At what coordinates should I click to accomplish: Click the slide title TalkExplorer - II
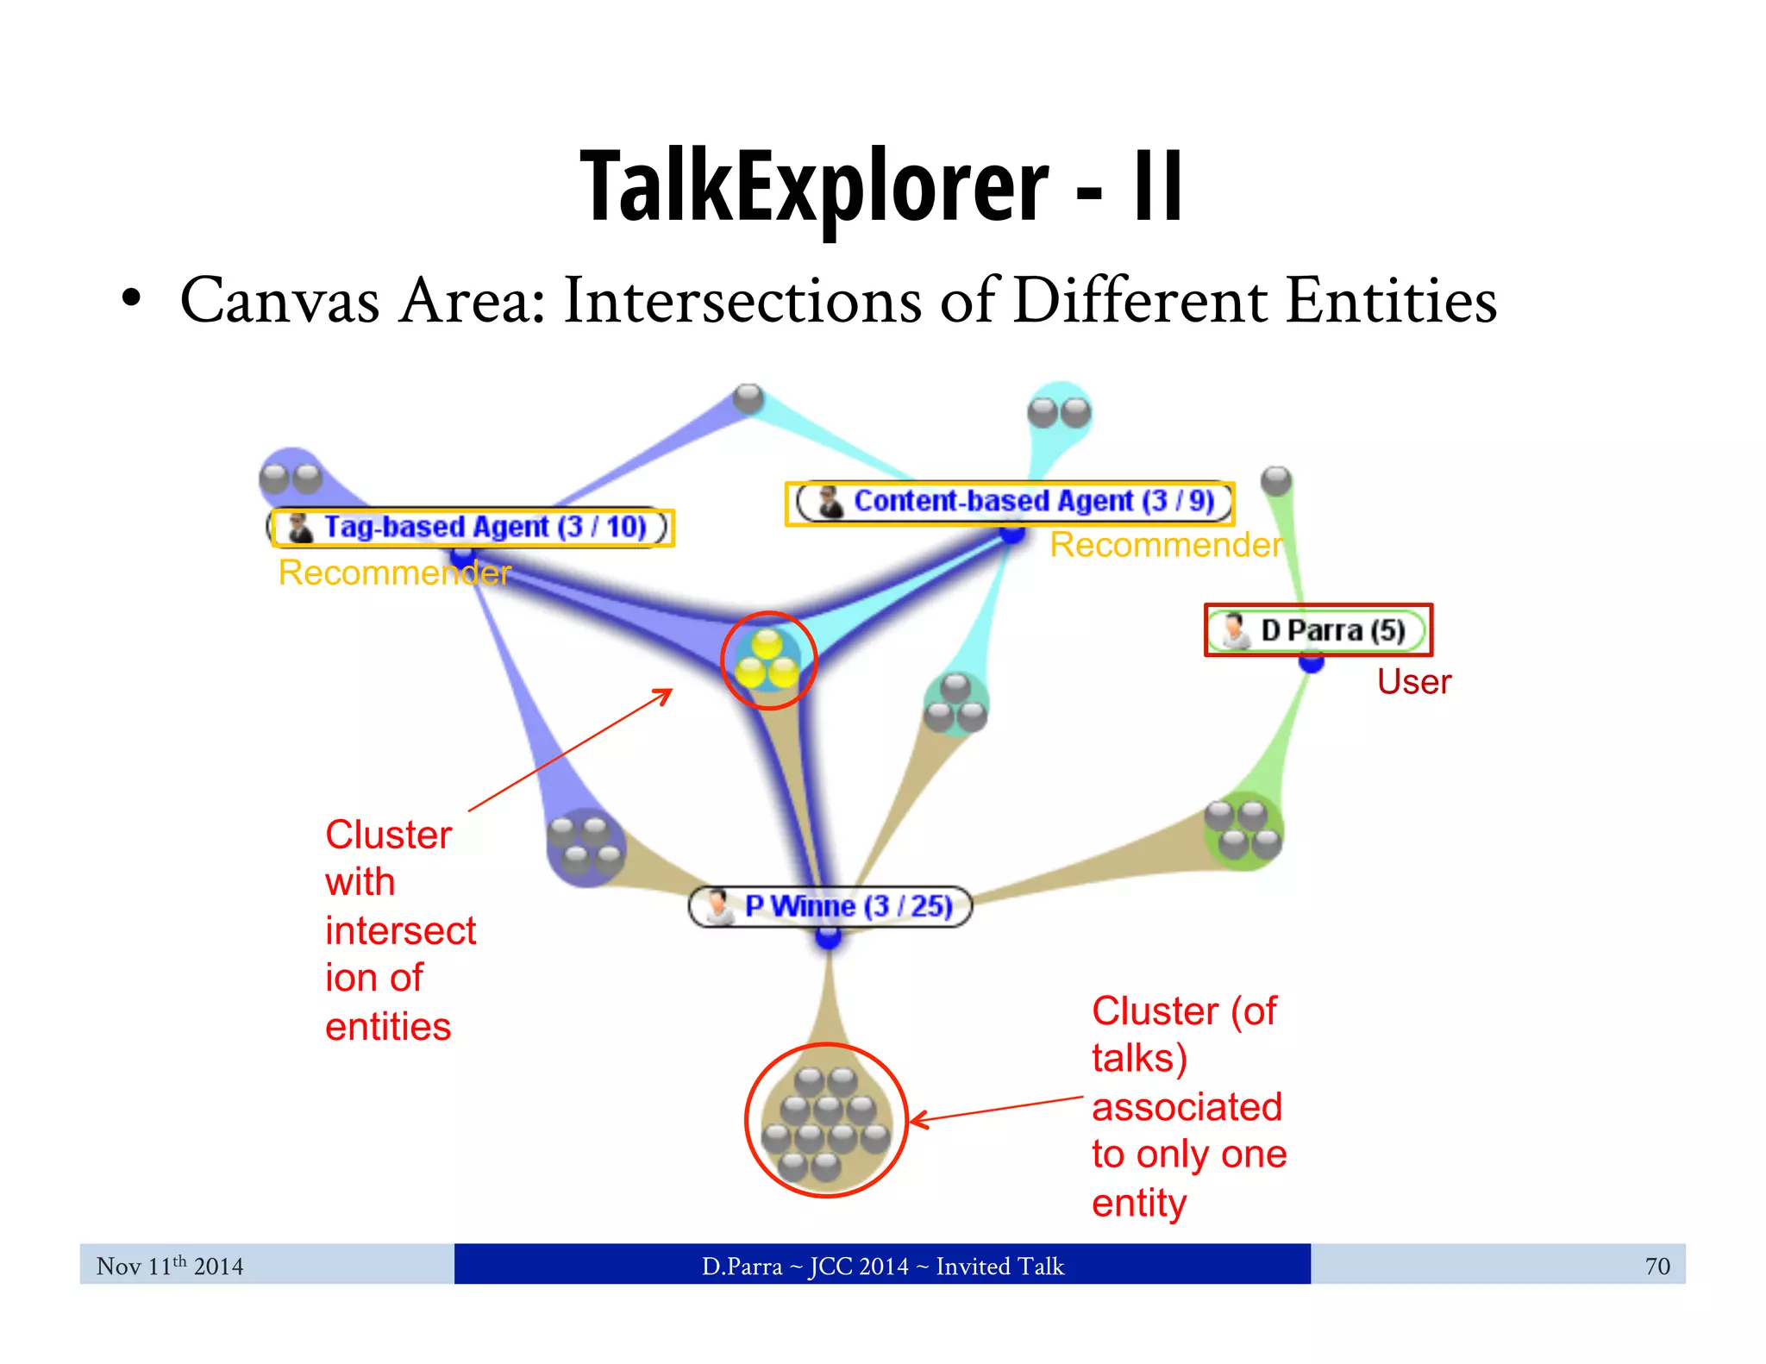pyautogui.click(x=881, y=186)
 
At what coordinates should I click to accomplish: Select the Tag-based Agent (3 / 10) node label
pyautogui.click(x=472, y=527)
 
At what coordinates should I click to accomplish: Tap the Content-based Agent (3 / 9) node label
pyautogui.click(x=1010, y=502)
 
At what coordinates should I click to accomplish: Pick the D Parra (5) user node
pyautogui.click(x=1318, y=630)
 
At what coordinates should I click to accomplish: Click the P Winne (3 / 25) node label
pyautogui.click(x=830, y=906)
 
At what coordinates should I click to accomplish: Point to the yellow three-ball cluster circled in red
pyautogui.click(x=767, y=660)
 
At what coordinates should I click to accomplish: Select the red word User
pyautogui.click(x=1413, y=682)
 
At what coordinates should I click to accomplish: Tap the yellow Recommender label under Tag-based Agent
pyautogui.click(x=394, y=573)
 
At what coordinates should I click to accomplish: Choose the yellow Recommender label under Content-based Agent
pyautogui.click(x=1166, y=545)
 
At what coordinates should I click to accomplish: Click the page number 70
pyautogui.click(x=1656, y=1266)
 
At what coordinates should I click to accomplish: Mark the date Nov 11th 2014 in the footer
pyautogui.click(x=170, y=1266)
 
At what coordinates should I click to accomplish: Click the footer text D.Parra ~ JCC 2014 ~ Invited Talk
pyautogui.click(x=882, y=1266)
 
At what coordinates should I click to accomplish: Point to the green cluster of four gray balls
pyautogui.click(x=1243, y=829)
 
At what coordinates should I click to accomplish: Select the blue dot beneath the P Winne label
pyautogui.click(x=828, y=938)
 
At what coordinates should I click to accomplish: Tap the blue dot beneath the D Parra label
pyautogui.click(x=1311, y=663)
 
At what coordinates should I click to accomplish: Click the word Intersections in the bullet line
pyautogui.click(x=742, y=301)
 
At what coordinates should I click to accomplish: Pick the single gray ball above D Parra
pyautogui.click(x=1276, y=480)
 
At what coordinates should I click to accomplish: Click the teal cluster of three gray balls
pyautogui.click(x=955, y=704)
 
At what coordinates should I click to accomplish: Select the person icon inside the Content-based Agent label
pyautogui.click(x=830, y=502)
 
